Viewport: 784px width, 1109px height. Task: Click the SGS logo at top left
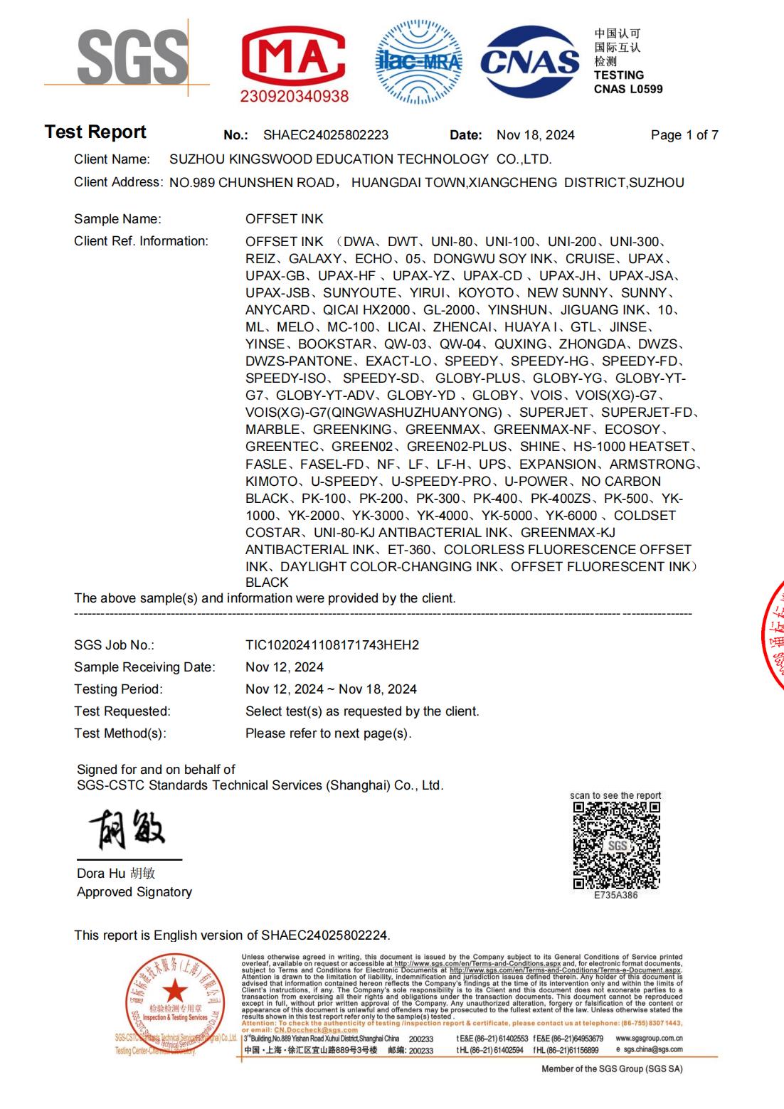point(132,57)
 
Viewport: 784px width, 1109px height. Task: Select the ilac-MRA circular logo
point(418,62)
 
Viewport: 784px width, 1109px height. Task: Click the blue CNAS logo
point(530,61)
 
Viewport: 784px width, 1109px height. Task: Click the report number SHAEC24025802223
point(326,135)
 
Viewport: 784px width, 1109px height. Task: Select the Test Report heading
point(95,132)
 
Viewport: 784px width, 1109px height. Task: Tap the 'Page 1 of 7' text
point(684,135)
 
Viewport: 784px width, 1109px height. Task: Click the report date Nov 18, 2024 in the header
point(535,135)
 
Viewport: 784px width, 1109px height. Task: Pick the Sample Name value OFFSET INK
point(284,219)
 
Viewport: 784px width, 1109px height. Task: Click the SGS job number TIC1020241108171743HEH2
point(332,645)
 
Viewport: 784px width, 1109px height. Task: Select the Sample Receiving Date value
point(284,667)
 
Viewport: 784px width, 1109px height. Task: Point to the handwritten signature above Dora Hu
point(127,828)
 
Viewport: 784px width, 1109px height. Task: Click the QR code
point(616,844)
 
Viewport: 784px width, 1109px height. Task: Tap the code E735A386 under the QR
point(616,895)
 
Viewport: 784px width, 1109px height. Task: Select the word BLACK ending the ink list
point(267,583)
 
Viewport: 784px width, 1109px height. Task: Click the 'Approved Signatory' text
point(134,892)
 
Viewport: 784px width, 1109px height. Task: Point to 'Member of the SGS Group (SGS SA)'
point(611,1068)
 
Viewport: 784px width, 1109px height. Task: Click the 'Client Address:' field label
point(118,182)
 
